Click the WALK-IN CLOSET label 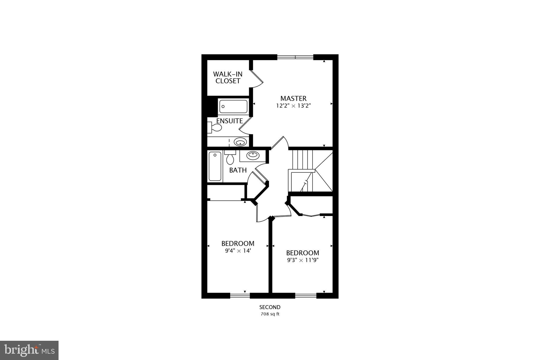pos(228,78)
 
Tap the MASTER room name pos(293,99)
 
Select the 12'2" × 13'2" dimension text pos(293,106)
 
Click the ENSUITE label pos(229,121)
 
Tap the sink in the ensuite pos(240,142)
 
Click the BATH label pos(238,170)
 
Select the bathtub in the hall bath pos(215,166)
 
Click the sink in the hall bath pos(253,155)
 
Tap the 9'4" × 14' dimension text pos(238,251)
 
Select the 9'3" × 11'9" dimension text pos(303,260)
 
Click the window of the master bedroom pos(295,57)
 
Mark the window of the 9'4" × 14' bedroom pos(240,296)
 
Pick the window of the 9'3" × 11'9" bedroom pos(306,296)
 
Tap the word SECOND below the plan pos(270,307)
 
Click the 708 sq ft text pos(270,314)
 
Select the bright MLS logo pos(29,350)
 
